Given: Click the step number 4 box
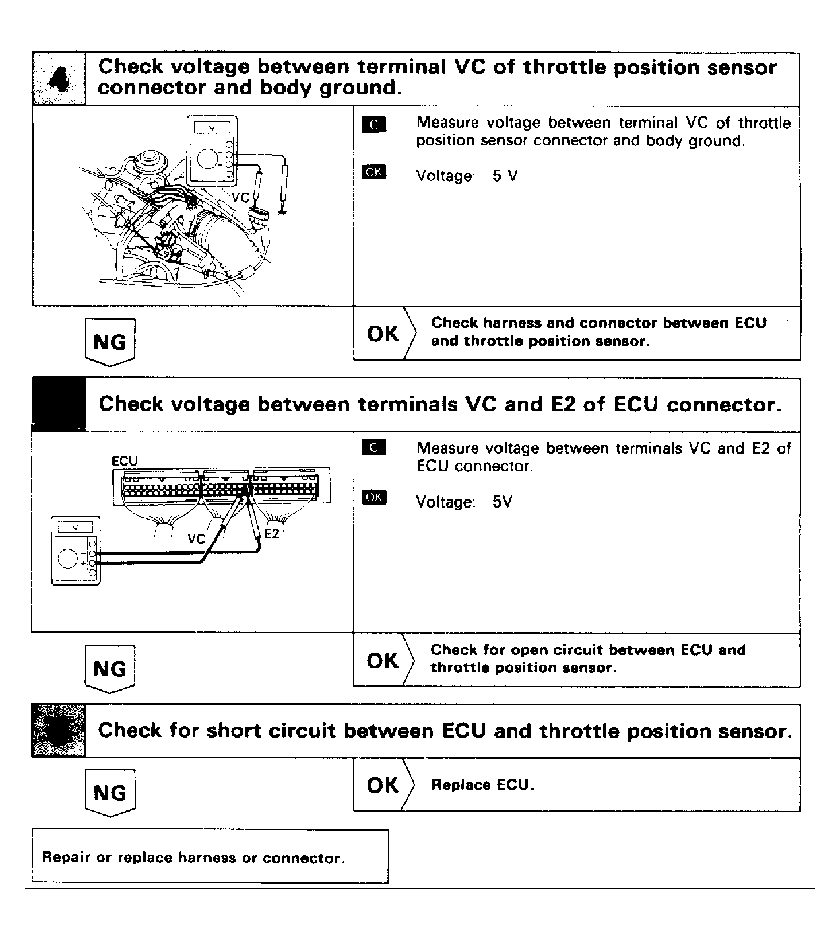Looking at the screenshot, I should click(59, 79).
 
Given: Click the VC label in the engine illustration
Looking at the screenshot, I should click(240, 197).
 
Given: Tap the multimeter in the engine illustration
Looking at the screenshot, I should click(213, 150).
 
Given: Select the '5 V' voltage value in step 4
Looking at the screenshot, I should click(505, 176).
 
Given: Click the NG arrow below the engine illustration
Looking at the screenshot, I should click(110, 342).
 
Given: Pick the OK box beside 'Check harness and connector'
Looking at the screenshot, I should click(383, 333).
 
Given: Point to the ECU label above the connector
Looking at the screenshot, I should click(125, 461).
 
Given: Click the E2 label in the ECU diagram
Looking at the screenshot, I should click(272, 534).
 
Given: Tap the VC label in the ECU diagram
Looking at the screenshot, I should click(196, 538).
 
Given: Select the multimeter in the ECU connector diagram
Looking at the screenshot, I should click(75, 550).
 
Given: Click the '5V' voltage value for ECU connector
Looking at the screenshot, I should click(502, 502).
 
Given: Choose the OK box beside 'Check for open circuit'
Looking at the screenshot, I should click(383, 660).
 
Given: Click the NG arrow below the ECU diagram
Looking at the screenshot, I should click(110, 668).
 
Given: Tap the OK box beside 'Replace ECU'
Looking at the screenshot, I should click(383, 785).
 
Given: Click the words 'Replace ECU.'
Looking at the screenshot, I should click(482, 785).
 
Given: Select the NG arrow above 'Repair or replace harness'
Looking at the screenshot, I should click(110, 792).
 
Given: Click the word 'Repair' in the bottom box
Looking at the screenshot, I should click(66, 858).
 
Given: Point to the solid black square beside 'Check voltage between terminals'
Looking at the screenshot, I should click(59, 405).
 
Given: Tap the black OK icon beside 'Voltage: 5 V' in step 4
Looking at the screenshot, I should click(374, 172).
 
